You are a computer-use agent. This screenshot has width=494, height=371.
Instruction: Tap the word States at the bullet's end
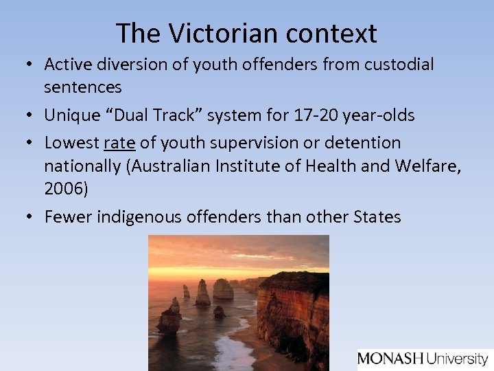click(378, 217)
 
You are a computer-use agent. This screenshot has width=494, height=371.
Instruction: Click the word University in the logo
click(456, 359)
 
